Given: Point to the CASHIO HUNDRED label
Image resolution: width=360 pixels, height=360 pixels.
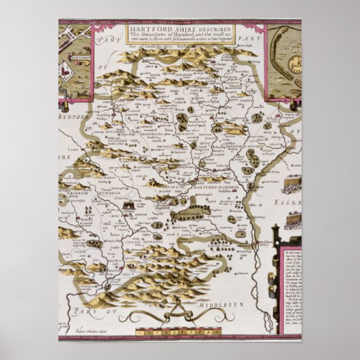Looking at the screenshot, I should (x=143, y=241).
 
